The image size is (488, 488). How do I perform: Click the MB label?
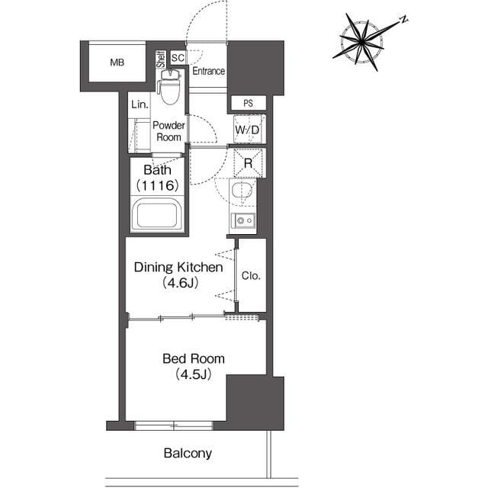(117, 63)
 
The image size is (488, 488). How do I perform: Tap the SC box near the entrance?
(178, 58)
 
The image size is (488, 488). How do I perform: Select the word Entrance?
(208, 71)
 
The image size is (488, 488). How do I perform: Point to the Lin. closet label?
(140, 104)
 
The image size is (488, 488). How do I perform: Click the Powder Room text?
(169, 131)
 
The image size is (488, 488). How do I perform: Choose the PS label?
(248, 104)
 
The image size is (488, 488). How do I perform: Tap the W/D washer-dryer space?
(247, 130)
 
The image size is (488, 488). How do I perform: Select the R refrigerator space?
(248, 163)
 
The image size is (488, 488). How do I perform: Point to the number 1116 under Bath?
(158, 185)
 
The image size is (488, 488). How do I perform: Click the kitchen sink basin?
(242, 190)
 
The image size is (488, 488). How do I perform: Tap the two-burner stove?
(243, 220)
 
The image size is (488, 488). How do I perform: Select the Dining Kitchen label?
(178, 268)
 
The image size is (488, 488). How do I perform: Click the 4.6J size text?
(181, 283)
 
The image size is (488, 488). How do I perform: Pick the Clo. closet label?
(251, 276)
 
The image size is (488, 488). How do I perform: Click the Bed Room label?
(193, 359)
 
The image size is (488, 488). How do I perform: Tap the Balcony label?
(188, 453)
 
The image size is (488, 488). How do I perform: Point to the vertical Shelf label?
(161, 59)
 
